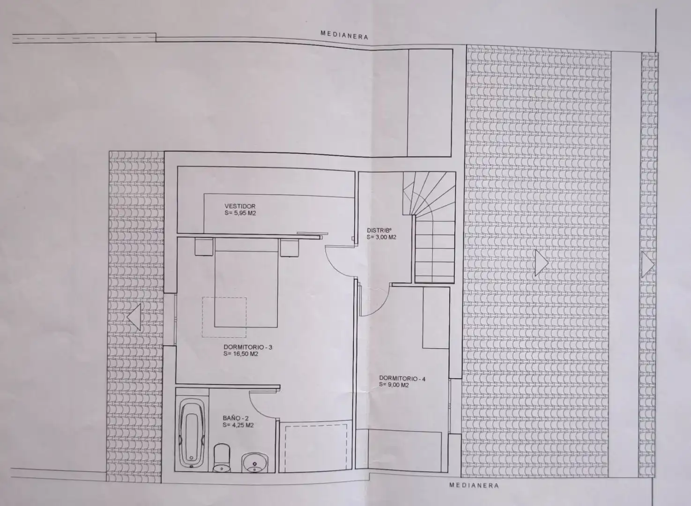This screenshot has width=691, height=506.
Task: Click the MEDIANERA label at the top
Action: tap(344, 35)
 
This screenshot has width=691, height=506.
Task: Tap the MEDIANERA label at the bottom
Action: tap(474, 485)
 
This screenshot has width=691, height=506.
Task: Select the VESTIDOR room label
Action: tap(240, 206)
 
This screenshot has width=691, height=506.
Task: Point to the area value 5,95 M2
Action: tap(245, 213)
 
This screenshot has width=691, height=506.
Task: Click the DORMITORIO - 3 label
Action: tap(248, 347)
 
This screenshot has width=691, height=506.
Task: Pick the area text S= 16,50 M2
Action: tap(241, 354)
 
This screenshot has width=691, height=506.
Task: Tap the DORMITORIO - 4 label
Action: tap(402, 379)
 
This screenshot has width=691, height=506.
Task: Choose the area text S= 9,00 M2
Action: tap(394, 385)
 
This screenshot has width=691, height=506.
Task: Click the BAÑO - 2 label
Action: tap(235, 418)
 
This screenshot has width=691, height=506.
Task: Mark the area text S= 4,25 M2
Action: tap(238, 425)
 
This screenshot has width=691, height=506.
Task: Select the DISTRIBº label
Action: tap(379, 230)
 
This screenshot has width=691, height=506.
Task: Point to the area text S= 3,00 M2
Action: tap(381, 237)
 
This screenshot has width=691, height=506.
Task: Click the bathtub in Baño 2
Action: tap(192, 433)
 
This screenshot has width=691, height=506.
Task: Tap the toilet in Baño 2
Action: tap(222, 458)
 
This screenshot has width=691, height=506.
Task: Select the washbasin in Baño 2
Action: tap(254, 462)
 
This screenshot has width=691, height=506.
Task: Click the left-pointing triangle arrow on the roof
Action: tap(134, 317)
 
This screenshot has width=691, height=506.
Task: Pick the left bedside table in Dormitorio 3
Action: tap(204, 247)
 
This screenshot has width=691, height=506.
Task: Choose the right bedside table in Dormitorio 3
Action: tap(289, 248)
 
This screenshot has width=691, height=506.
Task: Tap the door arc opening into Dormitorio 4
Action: tap(380, 305)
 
